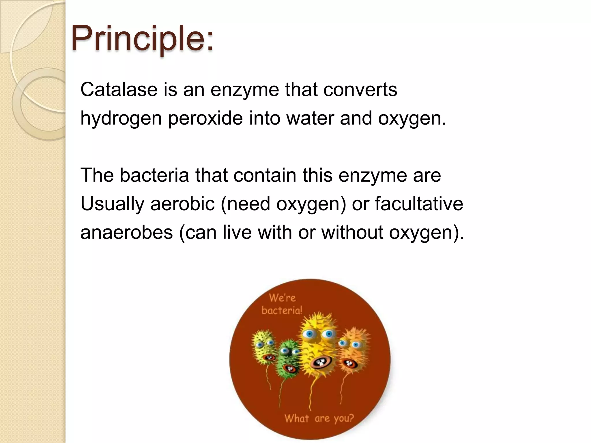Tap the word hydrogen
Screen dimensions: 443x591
121,118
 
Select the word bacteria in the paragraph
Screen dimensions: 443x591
154,175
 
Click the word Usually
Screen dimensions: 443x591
112,204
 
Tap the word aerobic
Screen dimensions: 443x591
182,204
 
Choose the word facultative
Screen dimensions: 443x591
419,204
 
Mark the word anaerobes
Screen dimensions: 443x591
126,232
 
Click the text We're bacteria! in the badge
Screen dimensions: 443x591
282,304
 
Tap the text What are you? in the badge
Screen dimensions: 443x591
319,418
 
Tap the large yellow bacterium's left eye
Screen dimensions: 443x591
310,334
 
